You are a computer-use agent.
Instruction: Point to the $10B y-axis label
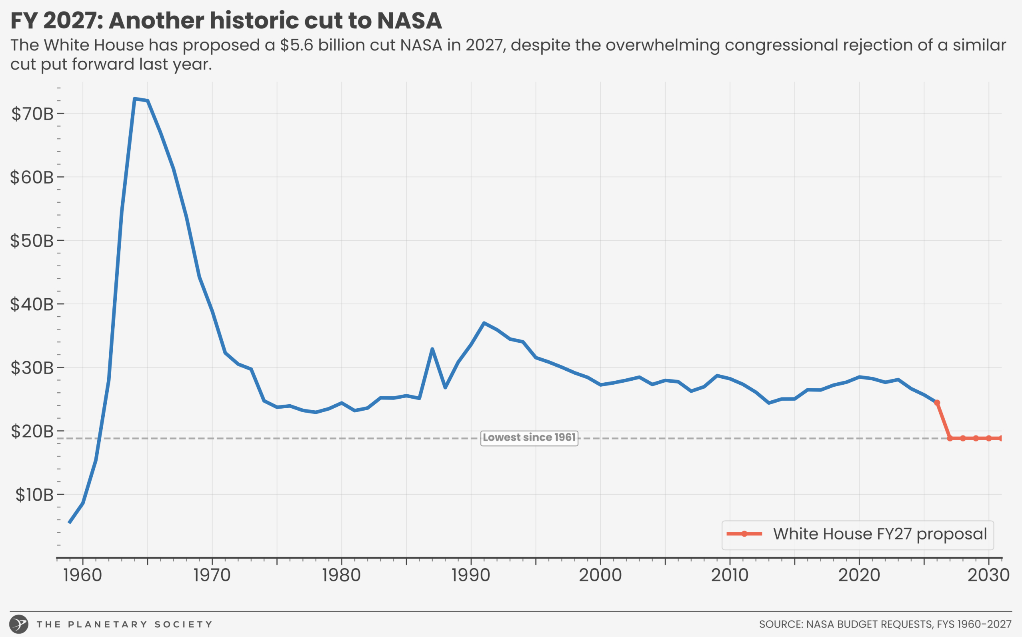(34, 495)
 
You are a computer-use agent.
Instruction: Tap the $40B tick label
(32, 304)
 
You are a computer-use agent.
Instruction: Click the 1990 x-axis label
(471, 575)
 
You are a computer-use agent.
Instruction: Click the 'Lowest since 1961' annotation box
(530, 438)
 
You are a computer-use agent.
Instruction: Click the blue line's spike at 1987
(433, 349)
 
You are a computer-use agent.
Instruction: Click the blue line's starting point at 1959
(70, 523)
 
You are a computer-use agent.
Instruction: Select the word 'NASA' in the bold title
(410, 21)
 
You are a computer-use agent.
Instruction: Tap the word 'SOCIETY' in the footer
(184, 625)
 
